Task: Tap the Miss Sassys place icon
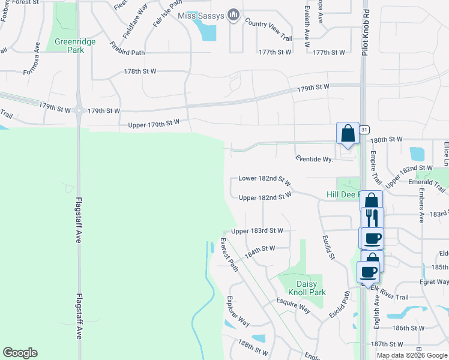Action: pos(234,14)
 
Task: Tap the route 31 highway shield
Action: pos(364,130)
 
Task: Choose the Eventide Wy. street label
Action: pos(314,159)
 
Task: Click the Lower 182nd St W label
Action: pos(264,179)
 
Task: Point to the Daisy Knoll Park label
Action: pos(311,288)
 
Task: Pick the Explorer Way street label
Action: pos(238,311)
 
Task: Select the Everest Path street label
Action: pos(229,255)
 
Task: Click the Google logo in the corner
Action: pos(20,353)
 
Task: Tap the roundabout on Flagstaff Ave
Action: pos(79,110)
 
